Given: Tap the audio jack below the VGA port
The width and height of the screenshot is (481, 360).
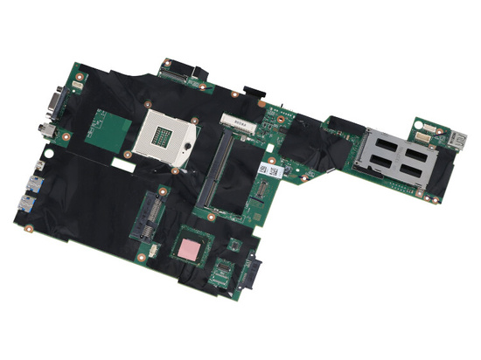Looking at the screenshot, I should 48,131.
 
